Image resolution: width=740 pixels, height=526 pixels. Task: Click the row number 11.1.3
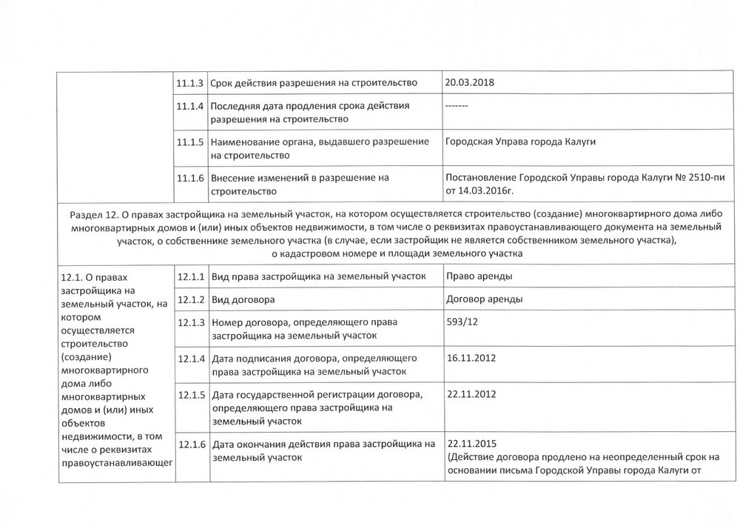192,82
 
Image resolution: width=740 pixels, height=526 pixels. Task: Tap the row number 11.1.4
192,106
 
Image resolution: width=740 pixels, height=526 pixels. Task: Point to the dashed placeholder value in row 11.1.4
455,106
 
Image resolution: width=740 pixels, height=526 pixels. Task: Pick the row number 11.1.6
192,178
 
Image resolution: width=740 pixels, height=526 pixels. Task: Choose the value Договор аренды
485,300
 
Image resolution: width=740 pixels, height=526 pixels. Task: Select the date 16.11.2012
471,358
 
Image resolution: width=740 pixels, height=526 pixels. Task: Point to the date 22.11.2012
471,393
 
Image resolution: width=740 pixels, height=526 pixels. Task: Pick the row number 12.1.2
192,300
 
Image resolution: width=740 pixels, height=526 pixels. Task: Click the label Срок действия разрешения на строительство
314,82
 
